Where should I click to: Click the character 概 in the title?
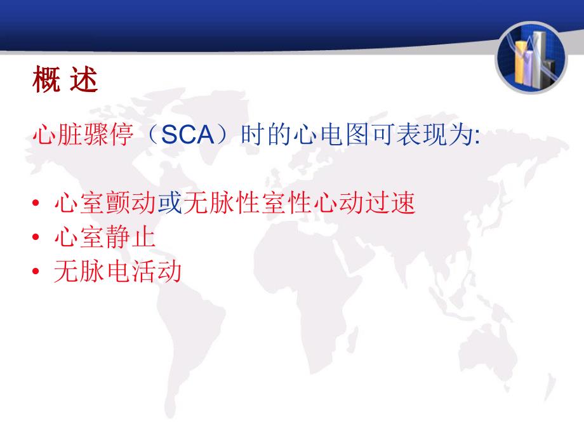coord(46,79)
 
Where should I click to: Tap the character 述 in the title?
coord(84,79)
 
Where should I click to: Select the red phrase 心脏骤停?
coord(83,135)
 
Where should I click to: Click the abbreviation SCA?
coord(187,135)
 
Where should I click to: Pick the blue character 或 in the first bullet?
coord(170,203)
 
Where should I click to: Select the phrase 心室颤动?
coord(105,203)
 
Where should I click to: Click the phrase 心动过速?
coord(364,203)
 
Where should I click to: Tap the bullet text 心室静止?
coord(105,237)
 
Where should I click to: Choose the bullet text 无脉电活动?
coord(117,271)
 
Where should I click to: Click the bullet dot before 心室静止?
coord(36,237)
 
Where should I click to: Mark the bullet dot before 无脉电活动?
coord(36,271)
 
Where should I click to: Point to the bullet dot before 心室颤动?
coord(36,203)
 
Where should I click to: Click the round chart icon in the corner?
coord(531,57)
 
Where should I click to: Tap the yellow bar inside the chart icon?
coord(520,63)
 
